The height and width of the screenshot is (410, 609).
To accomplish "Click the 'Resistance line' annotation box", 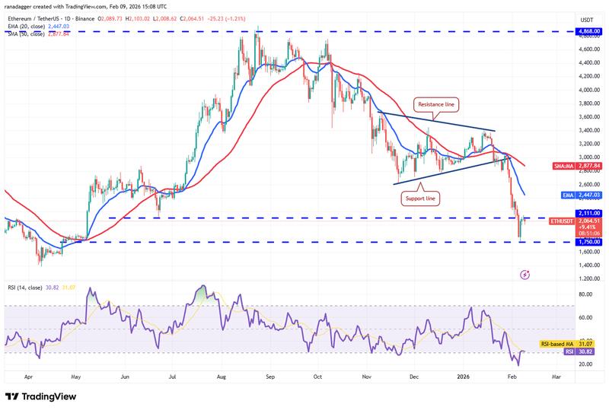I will (x=437, y=102).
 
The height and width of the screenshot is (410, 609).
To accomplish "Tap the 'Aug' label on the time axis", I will (x=222, y=376).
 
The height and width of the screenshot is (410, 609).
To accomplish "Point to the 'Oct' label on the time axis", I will (x=318, y=376).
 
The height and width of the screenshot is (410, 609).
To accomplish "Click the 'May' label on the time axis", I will (x=75, y=376).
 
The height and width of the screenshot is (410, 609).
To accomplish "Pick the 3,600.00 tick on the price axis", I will (x=588, y=116).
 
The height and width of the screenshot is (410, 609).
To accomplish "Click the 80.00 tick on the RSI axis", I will (x=586, y=293).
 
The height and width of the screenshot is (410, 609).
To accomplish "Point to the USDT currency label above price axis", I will (x=587, y=19).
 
